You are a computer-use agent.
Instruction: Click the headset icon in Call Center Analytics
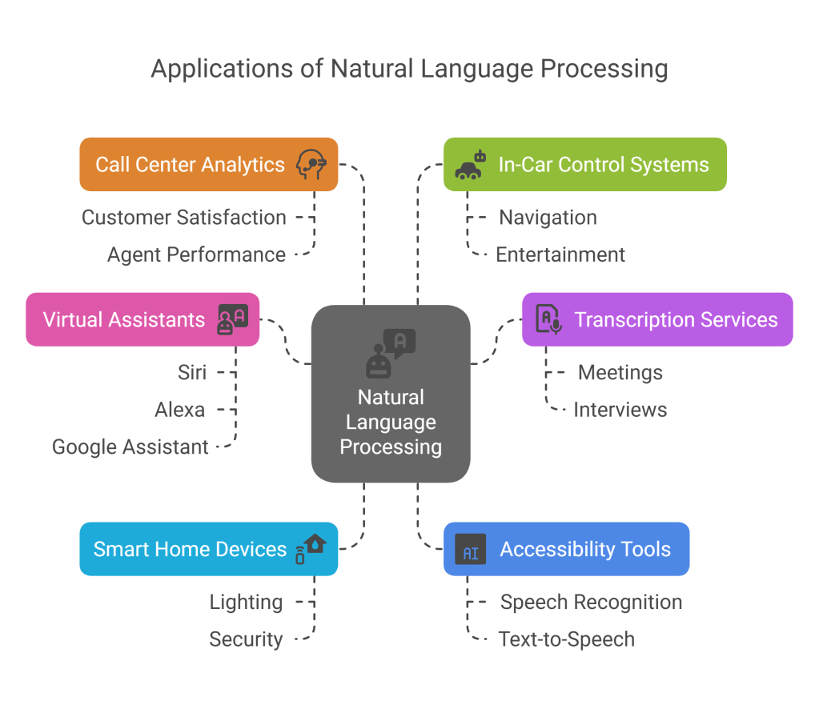(x=311, y=165)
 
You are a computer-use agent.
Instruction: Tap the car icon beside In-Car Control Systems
(x=470, y=166)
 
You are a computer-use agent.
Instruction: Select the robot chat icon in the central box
(x=391, y=352)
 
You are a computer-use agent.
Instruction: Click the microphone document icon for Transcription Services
(x=548, y=319)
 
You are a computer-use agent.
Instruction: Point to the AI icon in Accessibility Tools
(x=471, y=550)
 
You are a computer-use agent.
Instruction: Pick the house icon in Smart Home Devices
(x=311, y=549)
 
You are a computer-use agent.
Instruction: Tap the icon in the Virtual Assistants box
(x=232, y=319)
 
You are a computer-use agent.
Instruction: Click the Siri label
(x=192, y=372)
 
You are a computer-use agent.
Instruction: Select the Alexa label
(x=180, y=410)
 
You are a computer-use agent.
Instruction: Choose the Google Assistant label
(x=130, y=447)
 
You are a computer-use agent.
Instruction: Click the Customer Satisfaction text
(x=183, y=217)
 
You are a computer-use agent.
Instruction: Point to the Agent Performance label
(x=196, y=254)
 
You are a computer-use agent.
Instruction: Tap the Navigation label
(x=548, y=217)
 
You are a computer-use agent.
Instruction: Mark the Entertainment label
(x=560, y=254)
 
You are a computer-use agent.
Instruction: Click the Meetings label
(x=620, y=372)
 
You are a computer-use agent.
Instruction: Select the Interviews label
(x=620, y=410)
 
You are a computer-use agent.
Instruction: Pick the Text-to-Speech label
(x=567, y=639)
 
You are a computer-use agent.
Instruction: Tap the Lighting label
(x=247, y=602)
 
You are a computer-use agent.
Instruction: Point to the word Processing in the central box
(x=391, y=447)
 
